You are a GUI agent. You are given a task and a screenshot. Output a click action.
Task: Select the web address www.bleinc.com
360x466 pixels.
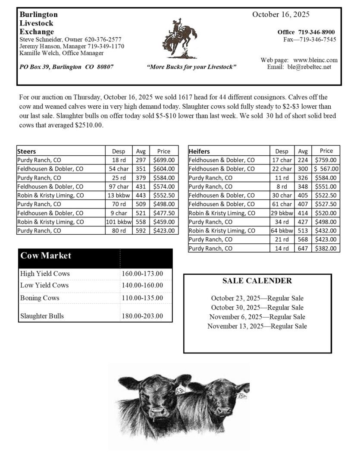[315, 60]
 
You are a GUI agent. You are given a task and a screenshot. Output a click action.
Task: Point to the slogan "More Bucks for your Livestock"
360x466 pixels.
[191, 67]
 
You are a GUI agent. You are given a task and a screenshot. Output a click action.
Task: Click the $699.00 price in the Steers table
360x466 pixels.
[164, 160]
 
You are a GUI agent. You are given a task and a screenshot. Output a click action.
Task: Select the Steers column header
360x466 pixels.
[27, 151]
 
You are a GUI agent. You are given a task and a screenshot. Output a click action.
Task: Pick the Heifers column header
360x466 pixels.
[199, 151]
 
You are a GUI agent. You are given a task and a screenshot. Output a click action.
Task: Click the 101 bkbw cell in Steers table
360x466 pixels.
[118, 222]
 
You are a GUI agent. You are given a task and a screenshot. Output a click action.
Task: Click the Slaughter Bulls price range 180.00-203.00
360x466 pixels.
[142, 316]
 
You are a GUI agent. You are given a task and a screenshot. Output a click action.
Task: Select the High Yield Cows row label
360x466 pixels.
[45, 274]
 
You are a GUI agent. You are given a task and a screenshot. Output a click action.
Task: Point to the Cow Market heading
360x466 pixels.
[46, 255]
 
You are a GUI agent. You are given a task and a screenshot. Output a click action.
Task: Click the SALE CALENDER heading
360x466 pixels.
[257, 281]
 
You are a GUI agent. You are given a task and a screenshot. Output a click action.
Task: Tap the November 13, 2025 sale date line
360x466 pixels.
[257, 326]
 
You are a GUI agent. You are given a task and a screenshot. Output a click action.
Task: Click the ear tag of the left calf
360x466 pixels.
[181, 390]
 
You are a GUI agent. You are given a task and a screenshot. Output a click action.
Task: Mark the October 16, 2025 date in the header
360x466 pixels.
[281, 15]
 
